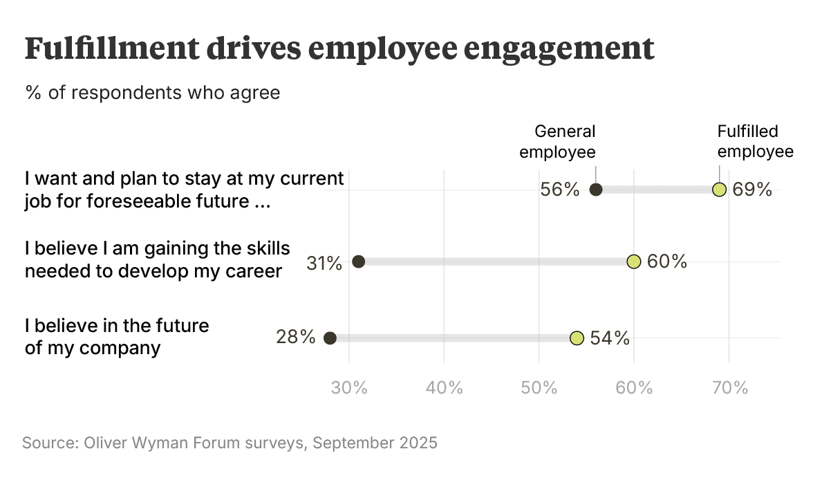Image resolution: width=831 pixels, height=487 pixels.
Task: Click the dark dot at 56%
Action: pyautogui.click(x=596, y=190)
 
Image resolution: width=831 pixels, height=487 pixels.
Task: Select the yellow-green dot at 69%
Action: pyautogui.click(x=719, y=190)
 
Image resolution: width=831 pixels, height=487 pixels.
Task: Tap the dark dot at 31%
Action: pyautogui.click(x=358, y=261)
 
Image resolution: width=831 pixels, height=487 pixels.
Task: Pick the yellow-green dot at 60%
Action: pyautogui.click(x=633, y=261)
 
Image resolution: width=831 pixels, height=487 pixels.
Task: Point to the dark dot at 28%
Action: pyautogui.click(x=330, y=338)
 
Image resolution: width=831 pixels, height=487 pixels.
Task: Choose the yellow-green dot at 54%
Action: pyautogui.click(x=577, y=338)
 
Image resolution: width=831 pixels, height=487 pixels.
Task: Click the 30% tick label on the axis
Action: pyautogui.click(x=349, y=388)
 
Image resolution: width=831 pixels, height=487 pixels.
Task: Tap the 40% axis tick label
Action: pyautogui.click(x=444, y=388)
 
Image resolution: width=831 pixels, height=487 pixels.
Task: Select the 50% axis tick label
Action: pyautogui.click(x=539, y=388)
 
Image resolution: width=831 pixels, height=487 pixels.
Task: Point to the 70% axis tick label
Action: pyautogui.click(x=729, y=388)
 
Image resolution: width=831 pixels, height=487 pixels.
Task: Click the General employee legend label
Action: pyautogui.click(x=557, y=142)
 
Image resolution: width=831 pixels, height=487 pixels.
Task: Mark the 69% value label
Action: pyautogui.click(x=752, y=190)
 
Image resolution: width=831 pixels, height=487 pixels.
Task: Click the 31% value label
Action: pyautogui.click(x=325, y=262)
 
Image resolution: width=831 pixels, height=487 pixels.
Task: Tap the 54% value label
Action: pyautogui.click(x=610, y=338)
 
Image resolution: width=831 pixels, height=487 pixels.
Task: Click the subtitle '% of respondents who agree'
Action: pyautogui.click(x=153, y=92)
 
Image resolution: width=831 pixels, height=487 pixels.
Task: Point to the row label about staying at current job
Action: pyautogui.click(x=184, y=190)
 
